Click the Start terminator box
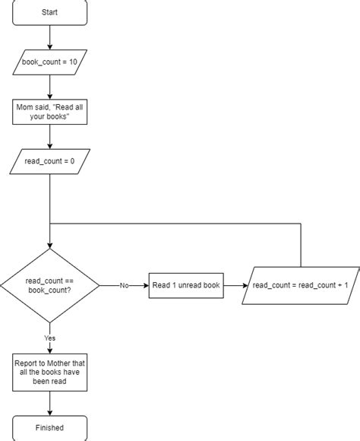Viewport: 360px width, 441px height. click(49, 13)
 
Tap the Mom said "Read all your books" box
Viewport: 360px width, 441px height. click(49, 113)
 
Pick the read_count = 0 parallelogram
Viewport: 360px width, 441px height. click(49, 161)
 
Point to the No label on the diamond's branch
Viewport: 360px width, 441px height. click(124, 286)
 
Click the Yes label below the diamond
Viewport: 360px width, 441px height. click(50, 338)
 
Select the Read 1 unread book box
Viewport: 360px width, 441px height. click(186, 285)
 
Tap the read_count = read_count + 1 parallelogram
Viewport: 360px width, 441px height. click(300, 285)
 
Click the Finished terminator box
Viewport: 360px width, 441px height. click(49, 427)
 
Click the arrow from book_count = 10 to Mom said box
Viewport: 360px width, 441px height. click(49, 87)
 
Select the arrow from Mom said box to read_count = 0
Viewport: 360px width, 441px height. click(49, 136)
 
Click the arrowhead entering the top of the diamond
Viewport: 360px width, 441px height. click(49, 246)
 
